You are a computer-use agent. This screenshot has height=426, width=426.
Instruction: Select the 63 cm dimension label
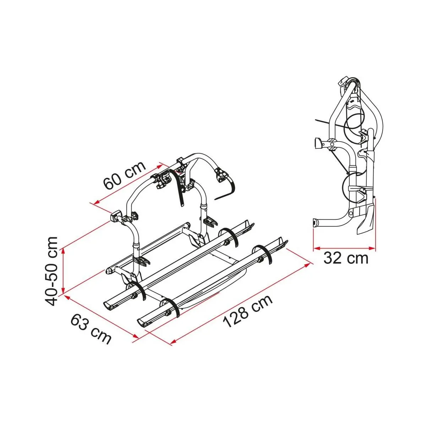[x=91, y=329]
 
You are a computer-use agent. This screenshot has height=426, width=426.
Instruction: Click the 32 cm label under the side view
[x=346, y=258]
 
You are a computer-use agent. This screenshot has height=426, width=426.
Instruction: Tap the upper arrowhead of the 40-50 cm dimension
[x=64, y=251]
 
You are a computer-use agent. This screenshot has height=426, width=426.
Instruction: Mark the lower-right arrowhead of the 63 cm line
[x=136, y=342]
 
